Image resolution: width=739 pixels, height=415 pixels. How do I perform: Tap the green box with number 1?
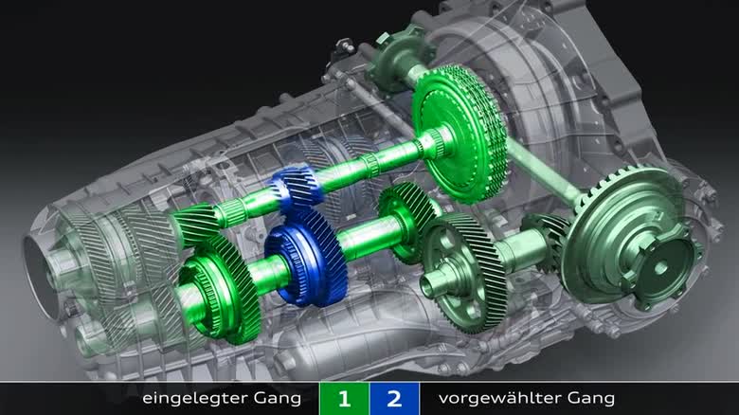click(x=345, y=399)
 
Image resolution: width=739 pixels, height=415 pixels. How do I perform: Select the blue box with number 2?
click(x=394, y=399)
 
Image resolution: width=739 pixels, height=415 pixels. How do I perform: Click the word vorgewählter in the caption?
click(x=499, y=399)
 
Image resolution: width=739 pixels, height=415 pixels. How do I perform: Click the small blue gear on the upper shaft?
click(x=297, y=189)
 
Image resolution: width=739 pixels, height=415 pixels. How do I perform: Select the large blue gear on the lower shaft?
click(x=306, y=257)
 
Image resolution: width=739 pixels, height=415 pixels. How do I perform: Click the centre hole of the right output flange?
click(x=660, y=268)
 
